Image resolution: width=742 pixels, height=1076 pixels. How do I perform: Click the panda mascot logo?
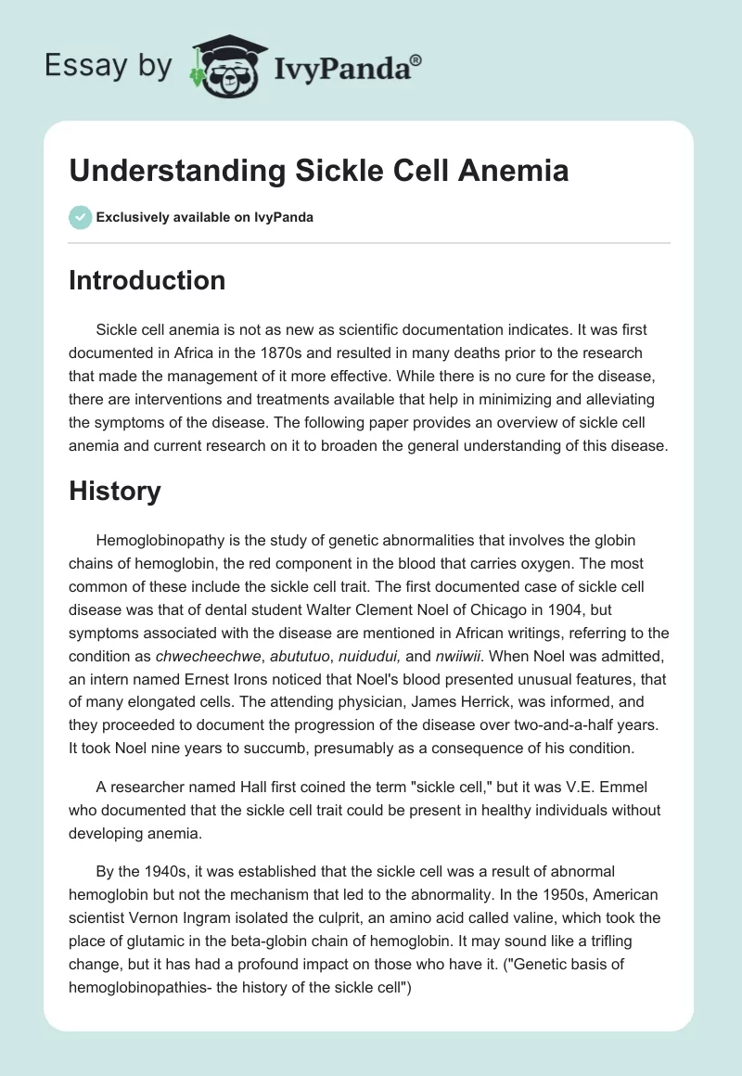pos(221,65)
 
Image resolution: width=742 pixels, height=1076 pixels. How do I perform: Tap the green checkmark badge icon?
pos(80,217)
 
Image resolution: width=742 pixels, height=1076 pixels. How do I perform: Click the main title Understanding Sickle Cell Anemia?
pos(318,171)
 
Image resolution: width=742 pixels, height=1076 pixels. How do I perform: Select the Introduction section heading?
pos(147,280)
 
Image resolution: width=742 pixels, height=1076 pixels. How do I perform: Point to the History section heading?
pos(115,491)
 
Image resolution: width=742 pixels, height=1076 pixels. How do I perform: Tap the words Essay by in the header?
pos(108,65)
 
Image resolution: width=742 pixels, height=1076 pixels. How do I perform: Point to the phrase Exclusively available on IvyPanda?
pos(204,218)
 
